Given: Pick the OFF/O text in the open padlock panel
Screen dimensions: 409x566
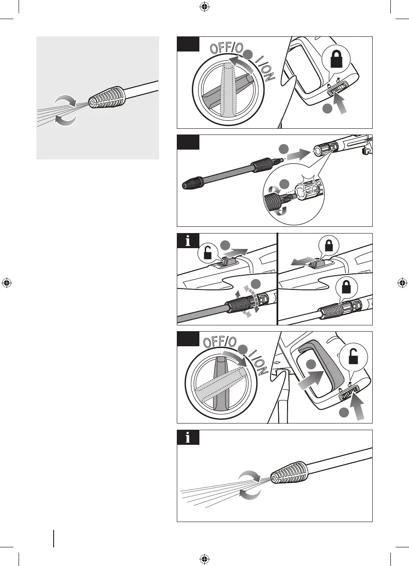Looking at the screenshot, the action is [221, 342].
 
